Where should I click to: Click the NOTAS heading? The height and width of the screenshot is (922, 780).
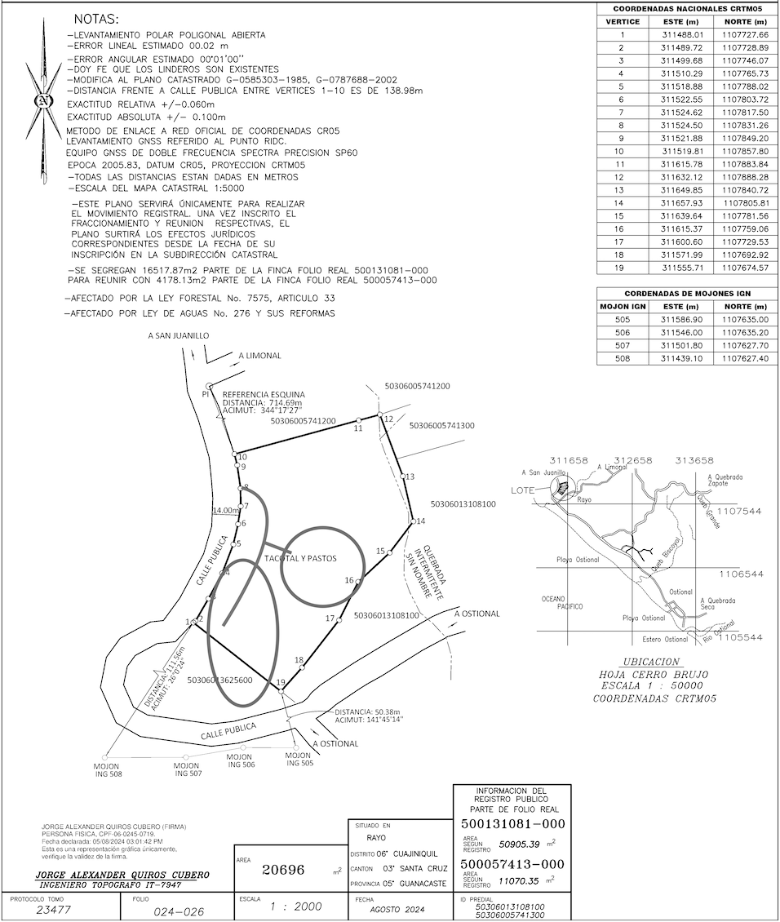click(95, 18)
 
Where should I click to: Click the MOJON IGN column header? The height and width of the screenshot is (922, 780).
click(623, 306)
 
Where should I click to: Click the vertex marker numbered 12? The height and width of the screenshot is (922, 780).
click(380, 416)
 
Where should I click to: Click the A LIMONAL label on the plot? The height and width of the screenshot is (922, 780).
click(259, 356)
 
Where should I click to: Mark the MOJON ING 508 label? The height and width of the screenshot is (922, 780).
click(106, 769)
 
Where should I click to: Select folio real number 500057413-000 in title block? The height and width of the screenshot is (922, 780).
click(512, 863)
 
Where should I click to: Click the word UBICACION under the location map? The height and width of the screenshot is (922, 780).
click(650, 662)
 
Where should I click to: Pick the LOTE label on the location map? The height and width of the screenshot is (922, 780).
click(523, 490)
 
